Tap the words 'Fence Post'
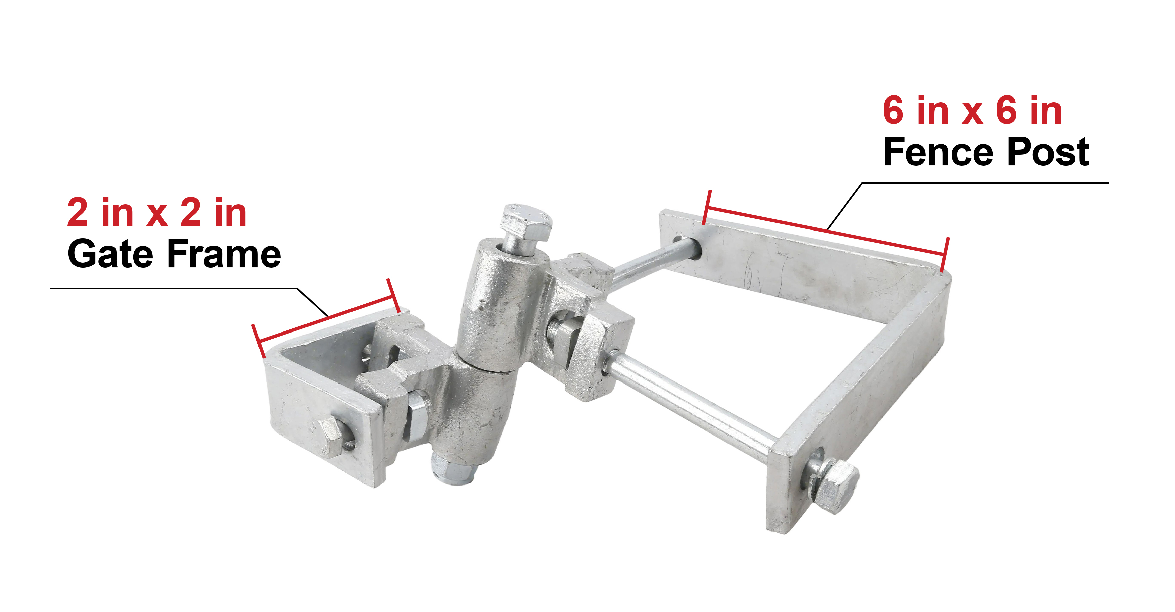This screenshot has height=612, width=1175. [x=986, y=152]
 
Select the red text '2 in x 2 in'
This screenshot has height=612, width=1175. [x=157, y=212]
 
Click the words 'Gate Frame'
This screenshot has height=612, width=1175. [x=174, y=254]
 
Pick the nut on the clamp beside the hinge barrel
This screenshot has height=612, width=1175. [x=564, y=333]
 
